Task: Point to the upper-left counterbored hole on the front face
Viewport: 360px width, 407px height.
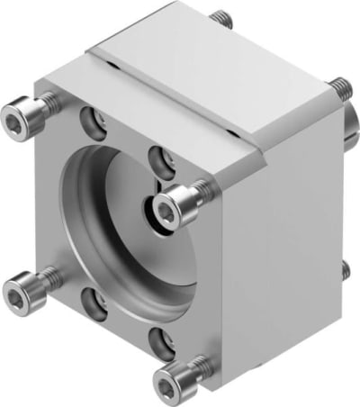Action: click(87, 117)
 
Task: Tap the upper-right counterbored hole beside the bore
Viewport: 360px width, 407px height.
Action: click(162, 158)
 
